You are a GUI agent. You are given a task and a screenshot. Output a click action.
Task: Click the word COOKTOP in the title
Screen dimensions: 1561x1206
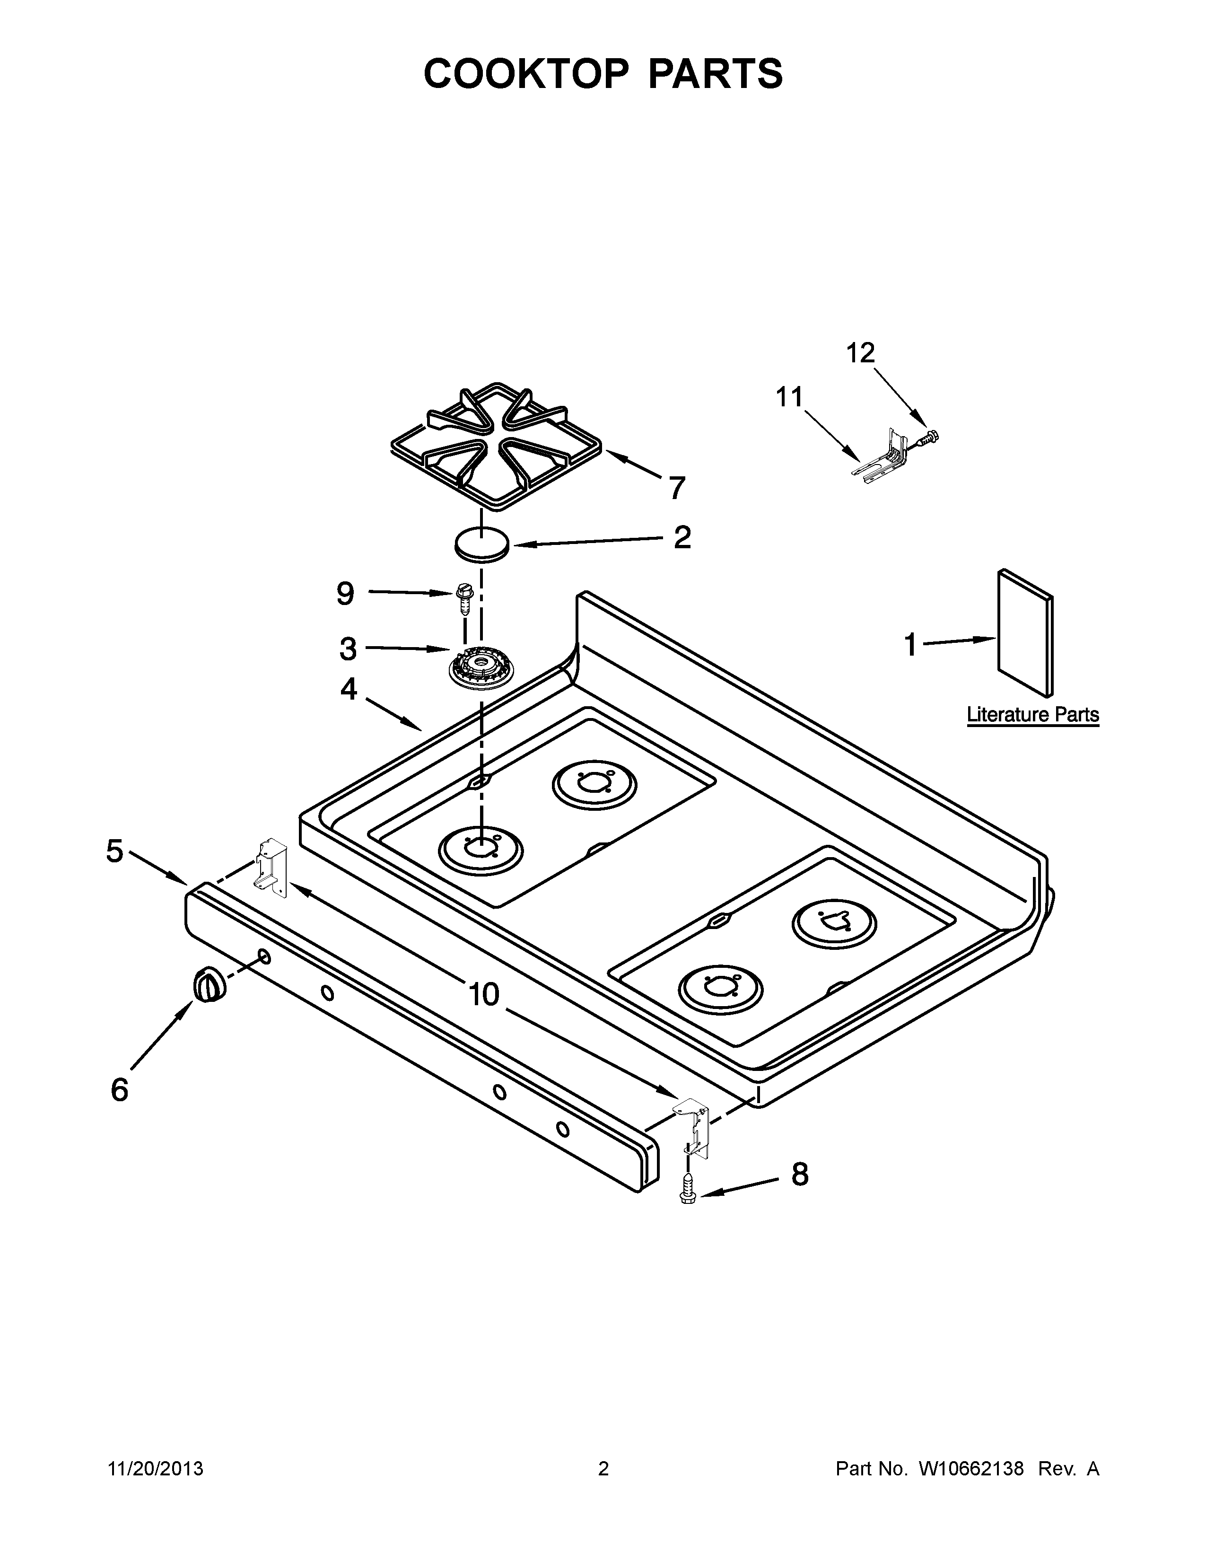click(526, 74)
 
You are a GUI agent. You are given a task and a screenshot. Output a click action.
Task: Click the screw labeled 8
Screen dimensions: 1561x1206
click(688, 1192)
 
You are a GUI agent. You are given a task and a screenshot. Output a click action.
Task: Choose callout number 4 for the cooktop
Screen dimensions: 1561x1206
click(348, 689)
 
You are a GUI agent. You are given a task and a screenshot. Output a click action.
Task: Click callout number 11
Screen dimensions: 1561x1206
click(789, 397)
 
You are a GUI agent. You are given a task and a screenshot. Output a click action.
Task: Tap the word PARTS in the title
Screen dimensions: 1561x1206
click(715, 74)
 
